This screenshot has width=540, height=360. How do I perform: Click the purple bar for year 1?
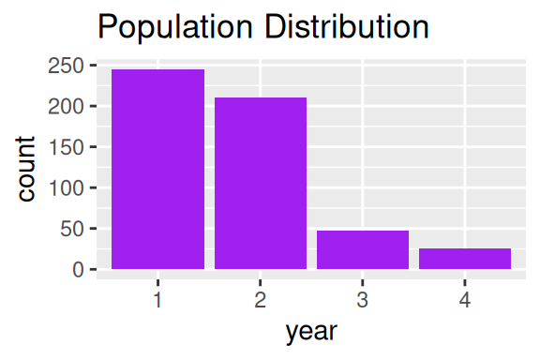pyautogui.click(x=158, y=169)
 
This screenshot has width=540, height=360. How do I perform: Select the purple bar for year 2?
pyautogui.click(x=261, y=183)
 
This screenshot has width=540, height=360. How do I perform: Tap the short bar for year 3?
pyautogui.click(x=363, y=249)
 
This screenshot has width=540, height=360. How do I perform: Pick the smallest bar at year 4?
pyautogui.click(x=465, y=259)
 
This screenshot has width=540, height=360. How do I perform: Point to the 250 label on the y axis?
pyautogui.click(x=67, y=66)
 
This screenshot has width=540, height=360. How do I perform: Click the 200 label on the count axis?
pyautogui.click(x=67, y=107)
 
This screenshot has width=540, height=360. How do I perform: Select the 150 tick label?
pyautogui.click(x=67, y=147)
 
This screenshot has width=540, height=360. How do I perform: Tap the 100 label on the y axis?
pyautogui.click(x=67, y=188)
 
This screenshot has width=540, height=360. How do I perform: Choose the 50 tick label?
pyautogui.click(x=72, y=229)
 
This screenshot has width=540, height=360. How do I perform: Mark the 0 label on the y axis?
pyautogui.click(x=79, y=270)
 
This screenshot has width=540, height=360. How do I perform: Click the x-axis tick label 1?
pyautogui.click(x=157, y=300)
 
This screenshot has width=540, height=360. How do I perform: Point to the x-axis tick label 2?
pyautogui.click(x=261, y=300)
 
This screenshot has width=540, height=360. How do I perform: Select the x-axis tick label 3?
pyautogui.click(x=363, y=300)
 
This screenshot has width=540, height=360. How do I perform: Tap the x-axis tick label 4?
pyautogui.click(x=465, y=300)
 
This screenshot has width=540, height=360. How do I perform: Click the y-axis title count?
pyautogui.click(x=25, y=169)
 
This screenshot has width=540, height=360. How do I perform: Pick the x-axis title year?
pyautogui.click(x=311, y=332)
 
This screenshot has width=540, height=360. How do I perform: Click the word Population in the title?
pyautogui.click(x=175, y=27)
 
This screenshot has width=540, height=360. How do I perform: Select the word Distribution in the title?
pyautogui.click(x=347, y=27)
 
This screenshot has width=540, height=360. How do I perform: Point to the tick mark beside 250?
pyautogui.click(x=93, y=65)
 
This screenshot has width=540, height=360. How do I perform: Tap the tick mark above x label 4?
pyautogui.click(x=465, y=283)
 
